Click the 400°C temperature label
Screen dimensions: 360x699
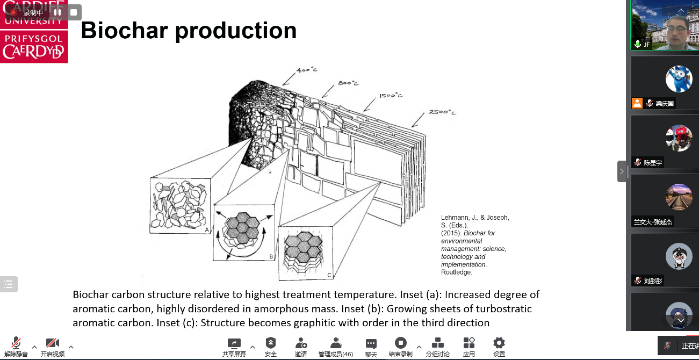tap(307, 70)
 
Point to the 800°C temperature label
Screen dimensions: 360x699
tap(348, 83)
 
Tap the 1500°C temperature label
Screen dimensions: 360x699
tap(391, 96)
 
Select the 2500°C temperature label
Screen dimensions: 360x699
tap(442, 112)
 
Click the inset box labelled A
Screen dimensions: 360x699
tap(180, 206)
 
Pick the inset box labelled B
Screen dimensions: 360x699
tap(244, 233)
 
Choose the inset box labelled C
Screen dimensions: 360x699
tap(305, 253)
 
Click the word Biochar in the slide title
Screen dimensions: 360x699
tap(124, 30)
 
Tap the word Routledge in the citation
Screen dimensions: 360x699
tap(457, 272)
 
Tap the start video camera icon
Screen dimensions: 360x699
tap(52, 343)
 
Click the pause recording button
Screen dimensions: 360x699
tap(57, 12)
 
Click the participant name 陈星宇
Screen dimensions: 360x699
tap(653, 162)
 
